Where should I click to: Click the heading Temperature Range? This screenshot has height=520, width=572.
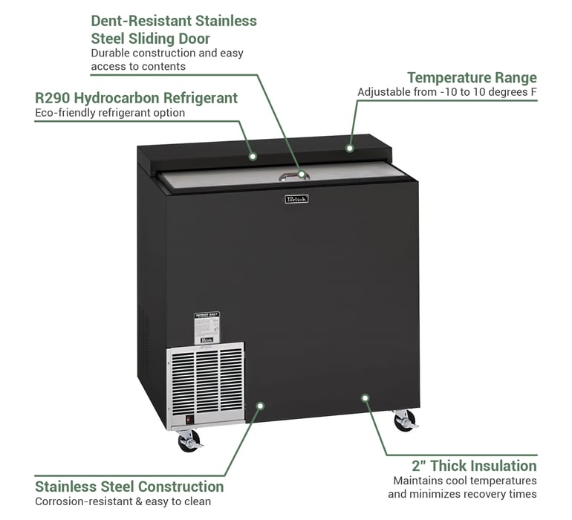tap(472, 78)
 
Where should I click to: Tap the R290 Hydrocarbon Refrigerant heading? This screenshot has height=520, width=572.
tap(137, 98)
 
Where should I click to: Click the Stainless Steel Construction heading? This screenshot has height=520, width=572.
tap(129, 487)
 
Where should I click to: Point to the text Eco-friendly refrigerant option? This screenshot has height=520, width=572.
tap(110, 113)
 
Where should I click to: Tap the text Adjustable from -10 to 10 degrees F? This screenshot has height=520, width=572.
tap(447, 92)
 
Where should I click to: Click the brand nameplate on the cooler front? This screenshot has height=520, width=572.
tap(296, 198)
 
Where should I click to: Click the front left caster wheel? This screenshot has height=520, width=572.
tap(189, 441)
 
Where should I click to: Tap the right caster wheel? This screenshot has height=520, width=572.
tap(405, 421)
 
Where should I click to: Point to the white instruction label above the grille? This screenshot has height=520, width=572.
tap(207, 327)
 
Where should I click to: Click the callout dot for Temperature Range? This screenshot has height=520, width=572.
tap(349, 148)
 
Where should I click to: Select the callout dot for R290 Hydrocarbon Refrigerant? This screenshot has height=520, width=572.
tap(253, 156)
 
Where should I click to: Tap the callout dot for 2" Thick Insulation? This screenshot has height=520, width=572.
tap(365, 397)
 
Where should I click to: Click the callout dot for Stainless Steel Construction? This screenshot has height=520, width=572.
tap(260, 405)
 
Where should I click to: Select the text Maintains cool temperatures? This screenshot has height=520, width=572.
tap(462, 481)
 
